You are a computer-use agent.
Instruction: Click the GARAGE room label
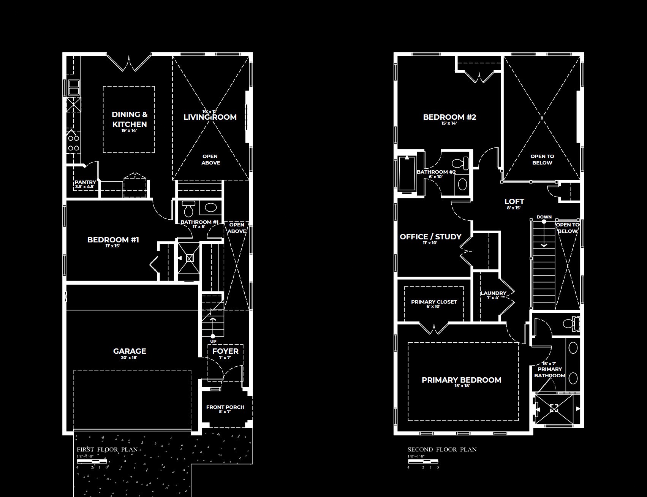point(130,351)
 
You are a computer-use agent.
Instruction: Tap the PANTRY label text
point(85,182)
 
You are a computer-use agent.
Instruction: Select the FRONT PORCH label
point(225,407)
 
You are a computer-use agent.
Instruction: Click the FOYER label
point(225,351)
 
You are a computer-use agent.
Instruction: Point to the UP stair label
point(213,341)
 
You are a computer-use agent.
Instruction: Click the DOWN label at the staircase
point(544,217)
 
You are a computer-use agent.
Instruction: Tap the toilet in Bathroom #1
point(188,209)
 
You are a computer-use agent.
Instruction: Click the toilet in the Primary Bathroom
point(571,324)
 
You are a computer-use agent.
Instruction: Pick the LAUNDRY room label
point(493,293)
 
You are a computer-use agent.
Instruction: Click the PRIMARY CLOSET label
point(434,302)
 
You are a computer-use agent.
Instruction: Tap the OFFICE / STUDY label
point(430,237)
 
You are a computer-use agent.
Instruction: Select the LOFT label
point(514,201)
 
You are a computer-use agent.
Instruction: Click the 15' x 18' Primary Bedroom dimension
point(462,386)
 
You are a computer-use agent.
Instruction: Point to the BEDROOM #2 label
point(449,117)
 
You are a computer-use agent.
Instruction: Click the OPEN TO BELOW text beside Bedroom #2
point(542,160)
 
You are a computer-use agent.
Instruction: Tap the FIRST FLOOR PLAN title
point(107,450)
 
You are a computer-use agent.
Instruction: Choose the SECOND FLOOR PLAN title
point(442,450)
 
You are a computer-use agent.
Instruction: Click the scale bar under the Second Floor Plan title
point(423,461)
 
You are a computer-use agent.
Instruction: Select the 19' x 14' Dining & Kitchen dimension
point(129,130)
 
